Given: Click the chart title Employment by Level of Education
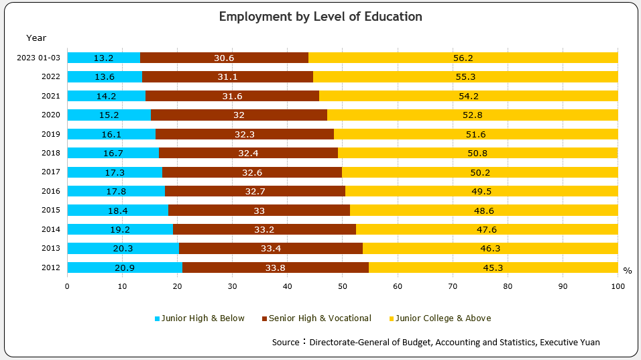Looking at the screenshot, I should [x=320, y=16].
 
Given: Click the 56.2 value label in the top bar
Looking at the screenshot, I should [x=463, y=58].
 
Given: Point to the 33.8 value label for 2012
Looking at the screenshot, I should [x=275, y=267].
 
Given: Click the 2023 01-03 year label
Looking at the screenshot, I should [x=39, y=58].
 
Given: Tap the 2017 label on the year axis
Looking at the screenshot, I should [x=51, y=172].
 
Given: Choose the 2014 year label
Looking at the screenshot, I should [x=51, y=229].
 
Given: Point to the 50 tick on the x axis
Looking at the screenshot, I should [x=343, y=287].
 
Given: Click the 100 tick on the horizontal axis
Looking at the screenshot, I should [x=618, y=287].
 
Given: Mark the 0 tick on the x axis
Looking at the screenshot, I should [x=67, y=287].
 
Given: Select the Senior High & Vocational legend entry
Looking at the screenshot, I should [x=316, y=318].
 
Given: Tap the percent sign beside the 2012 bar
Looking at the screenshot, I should [x=627, y=271].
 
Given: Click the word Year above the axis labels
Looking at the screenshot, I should [x=36, y=38].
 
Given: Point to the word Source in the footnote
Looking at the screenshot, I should [x=286, y=342].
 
